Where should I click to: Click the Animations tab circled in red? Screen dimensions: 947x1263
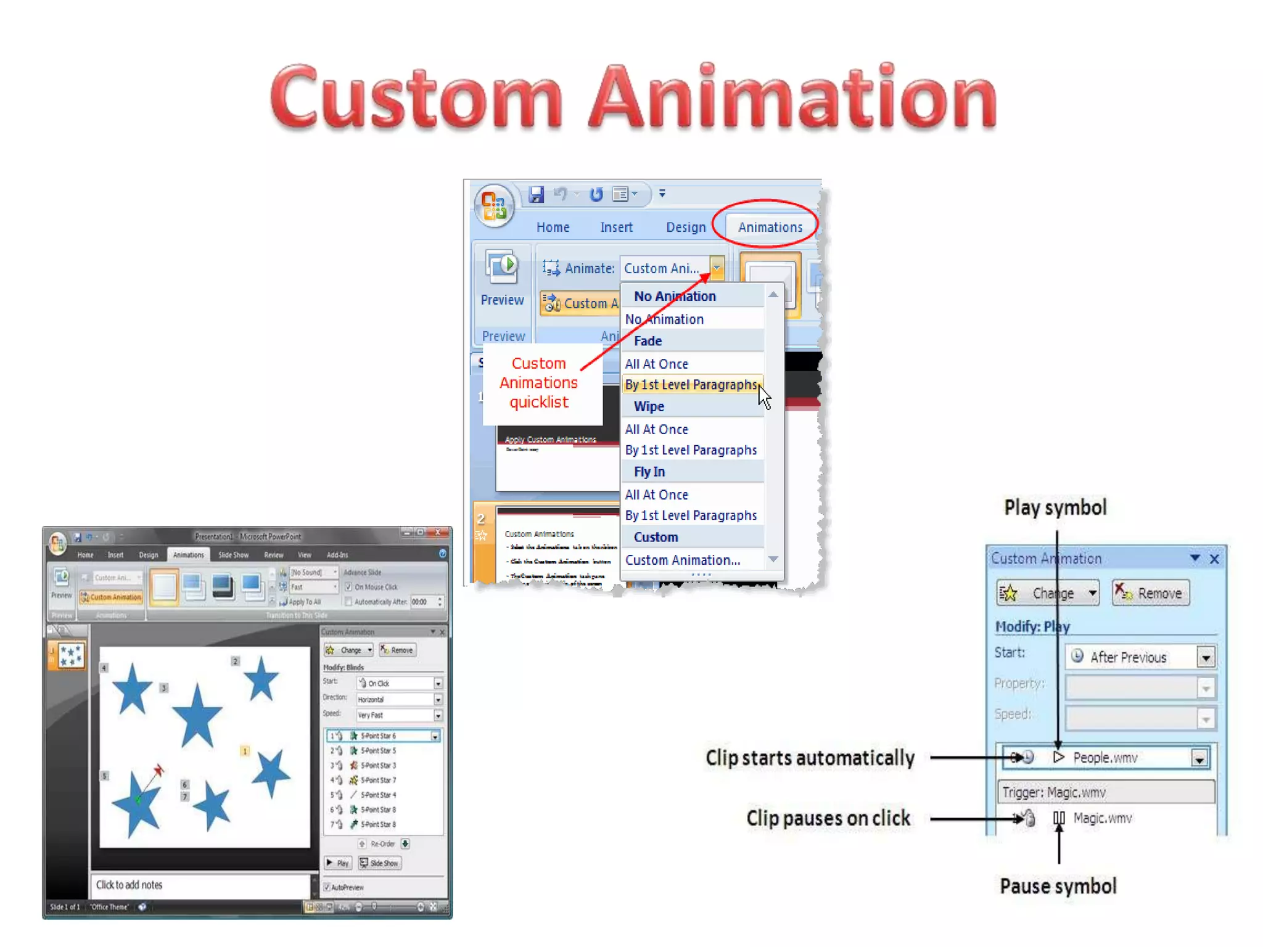pos(770,227)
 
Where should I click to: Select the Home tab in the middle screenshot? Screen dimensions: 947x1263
pos(553,227)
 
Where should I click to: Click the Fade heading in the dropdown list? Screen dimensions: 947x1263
pos(648,341)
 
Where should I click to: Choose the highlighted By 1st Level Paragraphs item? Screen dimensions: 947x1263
pos(691,385)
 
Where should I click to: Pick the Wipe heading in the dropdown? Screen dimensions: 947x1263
pos(649,406)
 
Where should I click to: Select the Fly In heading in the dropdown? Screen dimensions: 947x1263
pos(649,472)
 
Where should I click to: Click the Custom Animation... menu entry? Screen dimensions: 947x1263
pos(682,560)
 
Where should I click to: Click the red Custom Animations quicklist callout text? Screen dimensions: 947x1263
pos(538,383)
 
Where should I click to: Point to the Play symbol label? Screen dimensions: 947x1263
pos(1055,507)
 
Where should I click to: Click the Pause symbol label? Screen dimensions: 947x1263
pos(1058,886)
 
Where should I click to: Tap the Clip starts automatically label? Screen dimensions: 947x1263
pos(810,758)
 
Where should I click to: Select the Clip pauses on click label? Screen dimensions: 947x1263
pos(828,818)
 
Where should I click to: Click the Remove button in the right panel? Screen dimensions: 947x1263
pos(1151,593)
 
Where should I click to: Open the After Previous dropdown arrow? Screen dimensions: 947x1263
pos(1206,657)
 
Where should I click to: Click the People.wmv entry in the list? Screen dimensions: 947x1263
pos(1105,758)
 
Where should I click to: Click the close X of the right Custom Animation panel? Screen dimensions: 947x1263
pos(1214,559)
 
